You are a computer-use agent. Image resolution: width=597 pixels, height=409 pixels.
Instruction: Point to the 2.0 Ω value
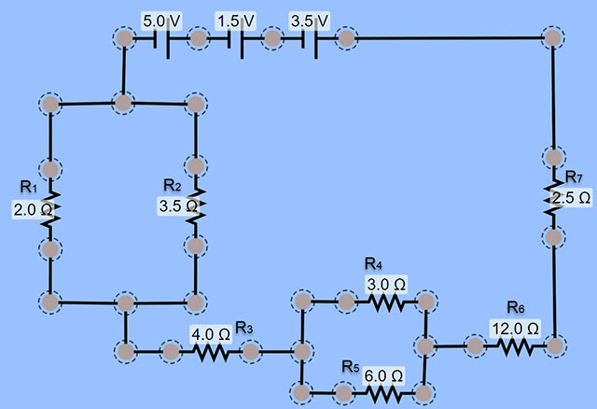[x=31, y=209]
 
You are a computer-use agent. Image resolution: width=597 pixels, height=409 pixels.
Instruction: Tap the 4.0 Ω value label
[x=210, y=331]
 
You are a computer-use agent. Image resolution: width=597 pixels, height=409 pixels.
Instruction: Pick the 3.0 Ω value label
[x=386, y=283]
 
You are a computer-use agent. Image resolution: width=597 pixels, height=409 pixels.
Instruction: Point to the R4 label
[x=374, y=263]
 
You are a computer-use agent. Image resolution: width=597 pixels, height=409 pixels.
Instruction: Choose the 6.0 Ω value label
[x=384, y=375]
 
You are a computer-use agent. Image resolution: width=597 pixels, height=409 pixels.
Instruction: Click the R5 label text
[x=350, y=365]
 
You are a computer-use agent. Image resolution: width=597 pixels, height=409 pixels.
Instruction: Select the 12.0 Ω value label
[x=515, y=328]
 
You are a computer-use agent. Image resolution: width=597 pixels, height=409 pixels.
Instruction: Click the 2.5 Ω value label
[x=572, y=198]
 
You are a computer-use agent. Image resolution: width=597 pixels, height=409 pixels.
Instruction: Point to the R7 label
[x=574, y=178]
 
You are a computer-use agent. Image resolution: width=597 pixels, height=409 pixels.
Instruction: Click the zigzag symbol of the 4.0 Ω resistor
[x=211, y=352]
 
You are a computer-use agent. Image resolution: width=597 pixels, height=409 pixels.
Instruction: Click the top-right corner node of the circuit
[x=553, y=38]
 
